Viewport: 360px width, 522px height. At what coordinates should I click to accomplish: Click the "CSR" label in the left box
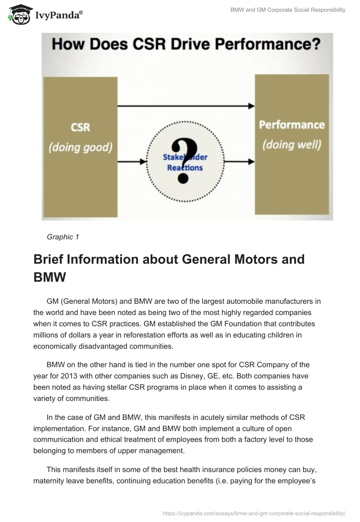tap(81, 127)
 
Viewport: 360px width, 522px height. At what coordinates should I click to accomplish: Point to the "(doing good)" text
tap(81, 147)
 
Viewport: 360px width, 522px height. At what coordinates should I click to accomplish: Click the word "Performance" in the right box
tap(292, 125)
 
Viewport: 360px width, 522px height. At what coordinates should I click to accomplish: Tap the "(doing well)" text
tap(292, 145)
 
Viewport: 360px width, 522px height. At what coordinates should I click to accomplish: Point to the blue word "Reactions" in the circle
tap(185, 168)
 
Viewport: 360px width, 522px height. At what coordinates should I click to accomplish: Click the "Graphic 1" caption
tap(63, 237)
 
